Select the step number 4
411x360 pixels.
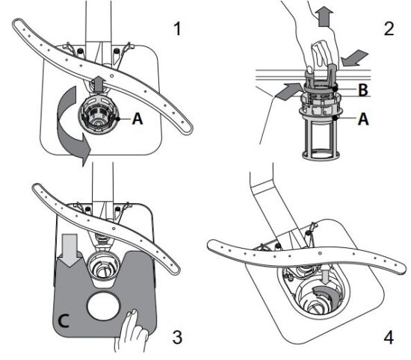(x=386, y=337)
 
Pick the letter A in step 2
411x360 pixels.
(x=362, y=118)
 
